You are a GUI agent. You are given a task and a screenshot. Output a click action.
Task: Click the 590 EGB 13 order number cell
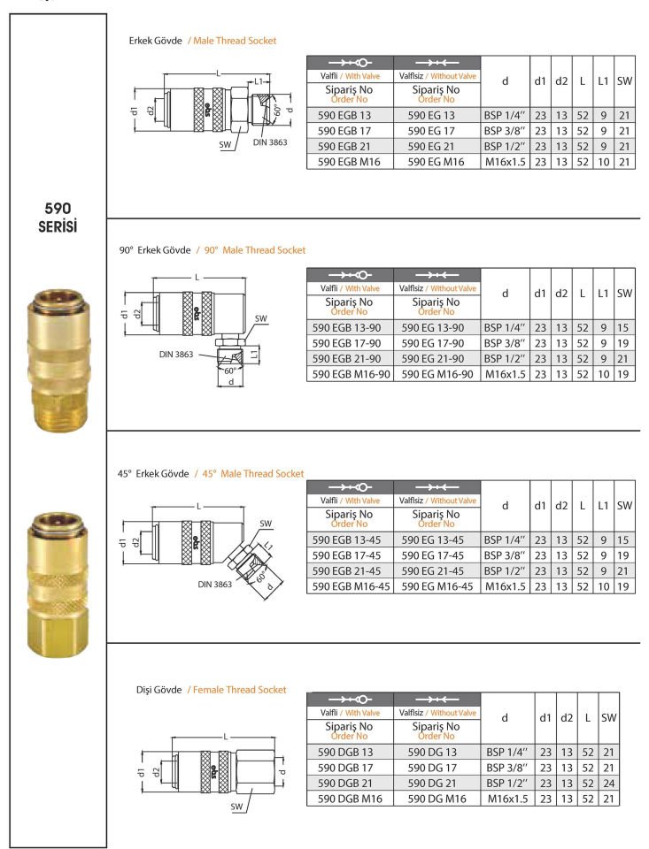pos(349,115)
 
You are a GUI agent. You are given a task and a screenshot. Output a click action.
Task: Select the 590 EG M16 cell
pos(436,162)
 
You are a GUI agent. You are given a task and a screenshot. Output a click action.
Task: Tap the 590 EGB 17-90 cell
pos(349,343)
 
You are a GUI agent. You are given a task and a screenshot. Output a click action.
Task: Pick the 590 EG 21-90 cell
pos(436,359)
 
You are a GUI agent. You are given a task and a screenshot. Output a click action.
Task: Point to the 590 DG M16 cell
pos(436,799)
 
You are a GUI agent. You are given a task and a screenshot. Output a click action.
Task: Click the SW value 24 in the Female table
pos(609,784)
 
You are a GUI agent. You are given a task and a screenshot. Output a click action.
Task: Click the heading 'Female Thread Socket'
pos(237,689)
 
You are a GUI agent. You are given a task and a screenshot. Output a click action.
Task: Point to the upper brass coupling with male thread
pos(57,363)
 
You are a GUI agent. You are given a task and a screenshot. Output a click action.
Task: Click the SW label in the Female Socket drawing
pos(237,807)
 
